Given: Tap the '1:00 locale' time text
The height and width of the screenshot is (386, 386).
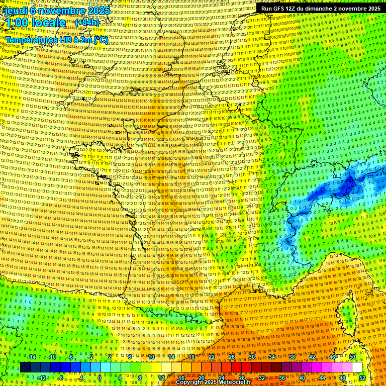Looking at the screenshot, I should point(36,23).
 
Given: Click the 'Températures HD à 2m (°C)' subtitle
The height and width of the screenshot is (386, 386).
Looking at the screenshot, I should point(56,40).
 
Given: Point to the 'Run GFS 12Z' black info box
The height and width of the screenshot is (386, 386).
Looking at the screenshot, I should point(321,9).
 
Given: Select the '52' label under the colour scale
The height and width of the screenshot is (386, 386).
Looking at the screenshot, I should point(362,378).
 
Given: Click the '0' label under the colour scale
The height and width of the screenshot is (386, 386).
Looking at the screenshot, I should point(100,378).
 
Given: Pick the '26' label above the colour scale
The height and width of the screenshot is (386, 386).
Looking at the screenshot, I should point(232,357).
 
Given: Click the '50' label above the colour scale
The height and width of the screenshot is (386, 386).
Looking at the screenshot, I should point(352,357).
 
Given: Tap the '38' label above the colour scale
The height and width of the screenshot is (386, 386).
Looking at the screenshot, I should point(292,357).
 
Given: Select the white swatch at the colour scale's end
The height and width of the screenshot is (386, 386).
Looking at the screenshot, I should point(357,367).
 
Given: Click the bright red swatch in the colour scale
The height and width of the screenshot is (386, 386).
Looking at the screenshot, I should point(237,367).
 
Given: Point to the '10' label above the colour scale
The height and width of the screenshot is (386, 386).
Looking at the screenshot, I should point(151,357).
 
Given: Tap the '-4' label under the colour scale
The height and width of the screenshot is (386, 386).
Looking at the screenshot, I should point(80,378).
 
